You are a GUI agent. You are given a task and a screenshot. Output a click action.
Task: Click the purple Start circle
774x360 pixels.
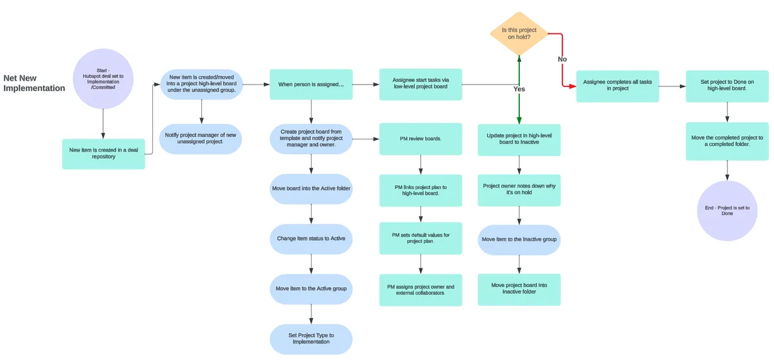coord(103,79)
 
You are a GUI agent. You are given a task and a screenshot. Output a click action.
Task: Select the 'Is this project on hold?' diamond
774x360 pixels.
coord(519,33)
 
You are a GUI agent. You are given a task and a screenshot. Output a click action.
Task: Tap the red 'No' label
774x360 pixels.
coord(562,59)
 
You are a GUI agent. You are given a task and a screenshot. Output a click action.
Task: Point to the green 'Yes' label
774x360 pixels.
coord(519,89)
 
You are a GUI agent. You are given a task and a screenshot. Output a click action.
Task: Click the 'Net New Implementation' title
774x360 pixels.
coord(34,83)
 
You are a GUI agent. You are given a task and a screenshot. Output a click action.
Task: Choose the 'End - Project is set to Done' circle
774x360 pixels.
coord(727,210)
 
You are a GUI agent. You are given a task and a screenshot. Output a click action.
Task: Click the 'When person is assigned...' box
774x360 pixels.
coord(311,85)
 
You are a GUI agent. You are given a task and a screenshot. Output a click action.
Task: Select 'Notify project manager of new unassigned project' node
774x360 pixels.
coord(201,139)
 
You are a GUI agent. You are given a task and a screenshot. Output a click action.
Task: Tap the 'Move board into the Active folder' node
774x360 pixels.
coord(311,188)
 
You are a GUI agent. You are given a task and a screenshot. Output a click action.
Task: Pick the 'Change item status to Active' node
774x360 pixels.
coord(311,239)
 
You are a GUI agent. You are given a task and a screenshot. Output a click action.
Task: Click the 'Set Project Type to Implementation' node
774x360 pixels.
coord(311,339)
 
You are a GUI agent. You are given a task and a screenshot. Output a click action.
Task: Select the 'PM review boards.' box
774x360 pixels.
coord(421,139)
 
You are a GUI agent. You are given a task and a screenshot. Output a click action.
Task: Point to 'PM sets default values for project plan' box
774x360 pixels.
coord(421,238)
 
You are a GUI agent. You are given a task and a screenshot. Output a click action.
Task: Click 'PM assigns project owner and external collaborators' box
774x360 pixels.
coord(421,290)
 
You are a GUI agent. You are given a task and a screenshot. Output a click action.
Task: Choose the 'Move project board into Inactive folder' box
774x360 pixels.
coord(519,289)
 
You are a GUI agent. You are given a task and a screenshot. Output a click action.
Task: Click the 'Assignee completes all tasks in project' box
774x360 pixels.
coord(617,86)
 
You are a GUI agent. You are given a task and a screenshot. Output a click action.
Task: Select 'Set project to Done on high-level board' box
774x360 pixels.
coord(727,86)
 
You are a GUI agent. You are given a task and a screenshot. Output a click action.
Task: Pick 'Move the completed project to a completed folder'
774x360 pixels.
coord(727,141)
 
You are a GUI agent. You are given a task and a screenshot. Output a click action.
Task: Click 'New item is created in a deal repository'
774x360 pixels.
coord(103,154)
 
